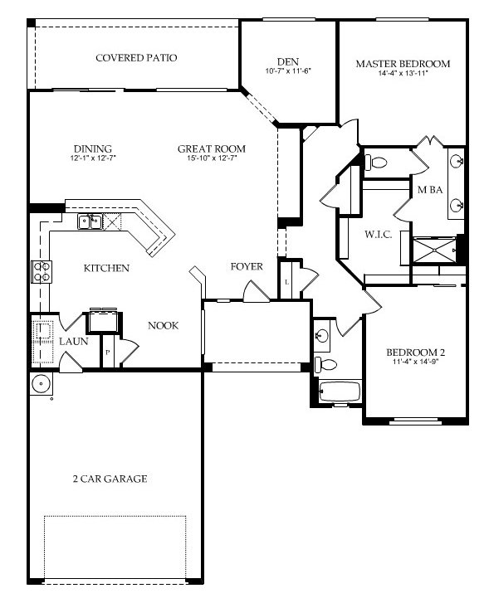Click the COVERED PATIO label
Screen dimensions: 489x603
click(136, 58)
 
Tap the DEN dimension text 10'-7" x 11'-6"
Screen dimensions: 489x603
click(288, 71)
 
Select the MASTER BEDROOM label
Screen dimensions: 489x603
click(403, 64)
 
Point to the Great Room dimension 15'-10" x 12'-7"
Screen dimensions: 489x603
click(212, 158)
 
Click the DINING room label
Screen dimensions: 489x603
click(93, 148)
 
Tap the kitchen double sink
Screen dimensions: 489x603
click(90, 221)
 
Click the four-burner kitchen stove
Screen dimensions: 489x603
click(42, 271)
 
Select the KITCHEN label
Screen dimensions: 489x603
click(106, 268)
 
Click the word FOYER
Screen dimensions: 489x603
click(247, 266)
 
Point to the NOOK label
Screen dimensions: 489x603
click(164, 326)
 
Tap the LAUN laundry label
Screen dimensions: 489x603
click(74, 341)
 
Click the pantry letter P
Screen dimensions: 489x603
click(108, 352)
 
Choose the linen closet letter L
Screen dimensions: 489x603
click(286, 282)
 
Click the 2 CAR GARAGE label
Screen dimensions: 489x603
click(110, 479)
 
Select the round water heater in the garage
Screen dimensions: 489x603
click(41, 384)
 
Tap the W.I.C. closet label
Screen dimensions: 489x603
click(379, 234)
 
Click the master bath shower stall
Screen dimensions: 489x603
click(435, 250)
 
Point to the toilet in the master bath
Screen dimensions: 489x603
click(375, 163)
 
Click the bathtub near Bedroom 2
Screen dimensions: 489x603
click(340, 391)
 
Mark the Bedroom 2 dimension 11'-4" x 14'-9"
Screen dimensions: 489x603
click(416, 362)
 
